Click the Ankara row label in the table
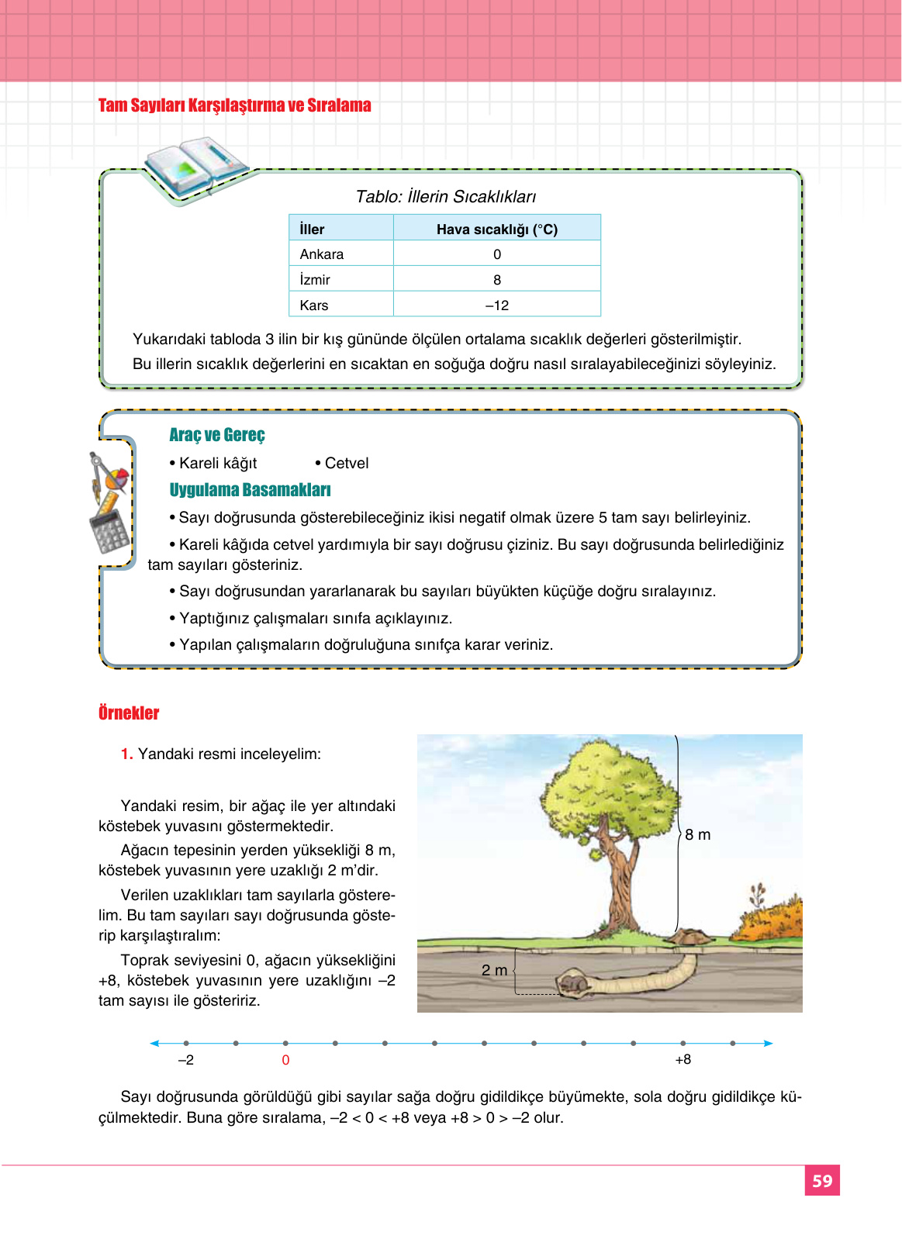321,254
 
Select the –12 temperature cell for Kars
497,305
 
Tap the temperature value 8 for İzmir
497,280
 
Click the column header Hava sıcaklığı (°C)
496,230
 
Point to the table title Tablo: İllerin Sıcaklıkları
445,197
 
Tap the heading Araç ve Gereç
217,435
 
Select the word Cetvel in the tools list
346,463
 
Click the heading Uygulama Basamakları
250,490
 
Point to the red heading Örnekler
129,713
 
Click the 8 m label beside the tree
697,835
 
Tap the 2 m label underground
494,971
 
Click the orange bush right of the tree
768,919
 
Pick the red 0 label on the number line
285,1060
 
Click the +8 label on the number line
683,1060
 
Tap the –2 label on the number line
186,1060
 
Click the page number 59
821,1181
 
